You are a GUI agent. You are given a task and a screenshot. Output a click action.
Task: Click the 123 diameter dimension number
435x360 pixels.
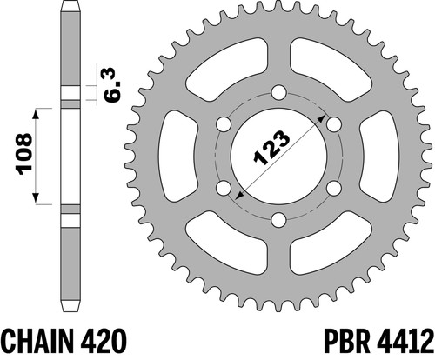click(271, 148)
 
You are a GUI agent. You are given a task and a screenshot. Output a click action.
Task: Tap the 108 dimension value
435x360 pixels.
click(24, 154)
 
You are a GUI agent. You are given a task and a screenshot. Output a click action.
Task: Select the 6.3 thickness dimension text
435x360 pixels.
click(113, 84)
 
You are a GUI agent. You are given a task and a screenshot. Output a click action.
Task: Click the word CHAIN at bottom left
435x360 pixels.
click(37, 341)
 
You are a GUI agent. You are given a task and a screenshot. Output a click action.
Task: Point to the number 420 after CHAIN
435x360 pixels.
click(103, 341)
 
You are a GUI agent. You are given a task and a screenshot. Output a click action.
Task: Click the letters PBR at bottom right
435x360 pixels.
click(347, 341)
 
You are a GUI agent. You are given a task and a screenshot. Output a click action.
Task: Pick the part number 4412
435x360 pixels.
click(405, 341)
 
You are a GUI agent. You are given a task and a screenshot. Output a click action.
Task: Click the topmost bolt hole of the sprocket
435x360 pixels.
click(279, 93)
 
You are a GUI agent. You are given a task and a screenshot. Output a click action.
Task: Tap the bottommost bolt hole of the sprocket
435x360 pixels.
click(279, 220)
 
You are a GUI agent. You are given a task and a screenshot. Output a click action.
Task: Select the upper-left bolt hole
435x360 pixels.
click(224, 124)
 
